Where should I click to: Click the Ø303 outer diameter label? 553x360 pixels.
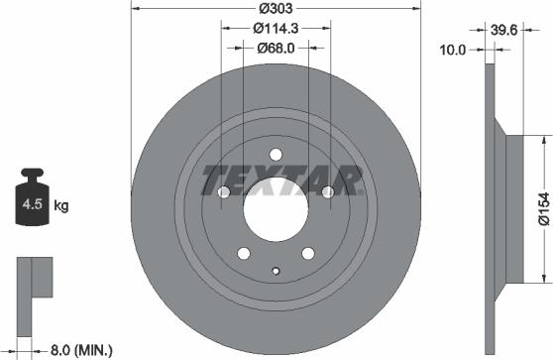coord(276,8)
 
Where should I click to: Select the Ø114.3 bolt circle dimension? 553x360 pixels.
coord(276,28)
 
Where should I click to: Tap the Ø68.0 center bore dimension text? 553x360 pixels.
coord(276,48)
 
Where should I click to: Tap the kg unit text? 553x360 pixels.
coord(60,206)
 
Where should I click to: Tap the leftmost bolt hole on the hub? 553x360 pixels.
coord(220,190)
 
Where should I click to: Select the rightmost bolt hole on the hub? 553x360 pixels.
coord(330,190)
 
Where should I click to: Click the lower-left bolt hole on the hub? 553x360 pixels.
coord(241,255)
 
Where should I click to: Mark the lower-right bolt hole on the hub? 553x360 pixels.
coord(309,255)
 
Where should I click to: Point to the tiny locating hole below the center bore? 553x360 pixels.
coord(276,271)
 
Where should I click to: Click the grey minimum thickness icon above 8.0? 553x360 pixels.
coord(32,278)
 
